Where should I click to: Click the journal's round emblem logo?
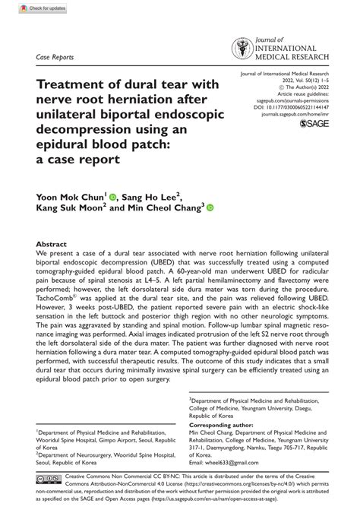coord(242,50)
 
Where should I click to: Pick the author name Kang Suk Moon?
coord(70,208)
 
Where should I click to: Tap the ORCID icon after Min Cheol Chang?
coord(210,207)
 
